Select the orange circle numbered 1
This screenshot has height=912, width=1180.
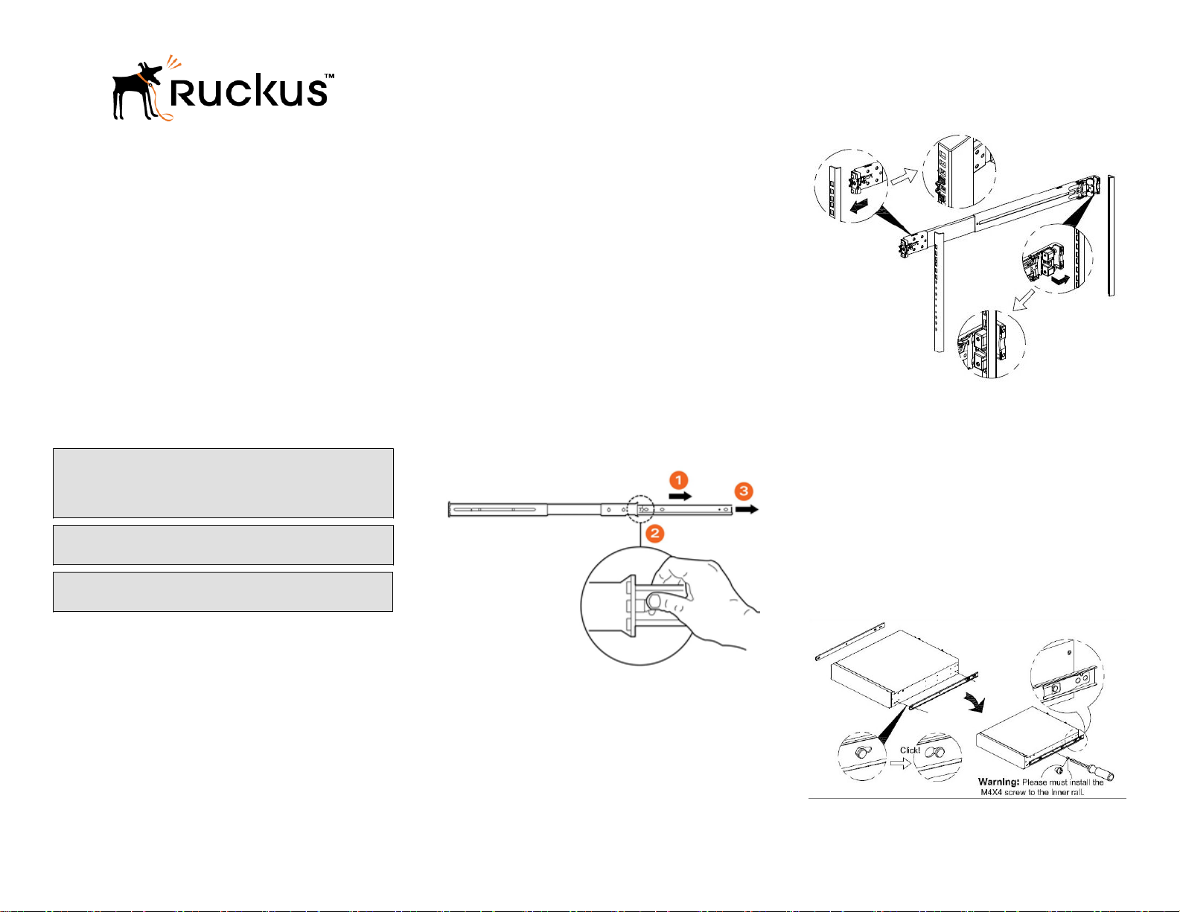[678, 480]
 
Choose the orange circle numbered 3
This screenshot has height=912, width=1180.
[744, 491]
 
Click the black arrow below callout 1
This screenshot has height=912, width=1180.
[680, 495]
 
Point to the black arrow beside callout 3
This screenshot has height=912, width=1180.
[747, 509]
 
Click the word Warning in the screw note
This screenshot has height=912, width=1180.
[998, 782]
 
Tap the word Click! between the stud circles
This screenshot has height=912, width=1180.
[910, 750]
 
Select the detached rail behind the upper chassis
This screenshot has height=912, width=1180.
[849, 641]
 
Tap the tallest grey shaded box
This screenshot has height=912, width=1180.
[223, 482]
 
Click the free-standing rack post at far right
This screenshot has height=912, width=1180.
[1111, 236]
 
